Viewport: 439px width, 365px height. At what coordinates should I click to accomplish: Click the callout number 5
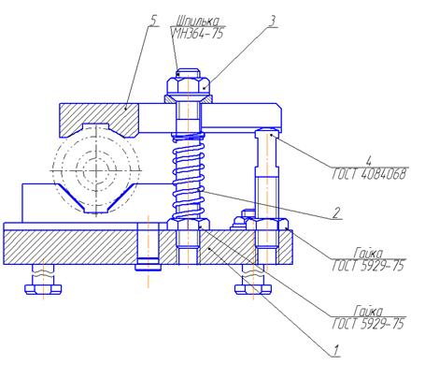tap(153, 21)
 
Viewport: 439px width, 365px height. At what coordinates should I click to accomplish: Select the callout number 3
tap(272, 22)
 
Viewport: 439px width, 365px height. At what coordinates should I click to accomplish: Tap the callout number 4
tap(369, 161)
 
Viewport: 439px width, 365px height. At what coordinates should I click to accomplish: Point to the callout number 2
tap(336, 213)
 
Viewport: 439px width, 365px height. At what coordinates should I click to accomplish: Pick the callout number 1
tap(335, 351)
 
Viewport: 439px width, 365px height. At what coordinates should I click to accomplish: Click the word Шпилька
tap(197, 22)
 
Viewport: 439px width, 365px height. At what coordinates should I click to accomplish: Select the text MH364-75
tap(198, 34)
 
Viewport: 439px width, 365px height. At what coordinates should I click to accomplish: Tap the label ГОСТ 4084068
tap(369, 174)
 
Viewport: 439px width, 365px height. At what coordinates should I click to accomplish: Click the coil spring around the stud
tap(189, 176)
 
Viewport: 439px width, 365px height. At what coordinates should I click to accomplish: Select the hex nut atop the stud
tap(188, 85)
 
